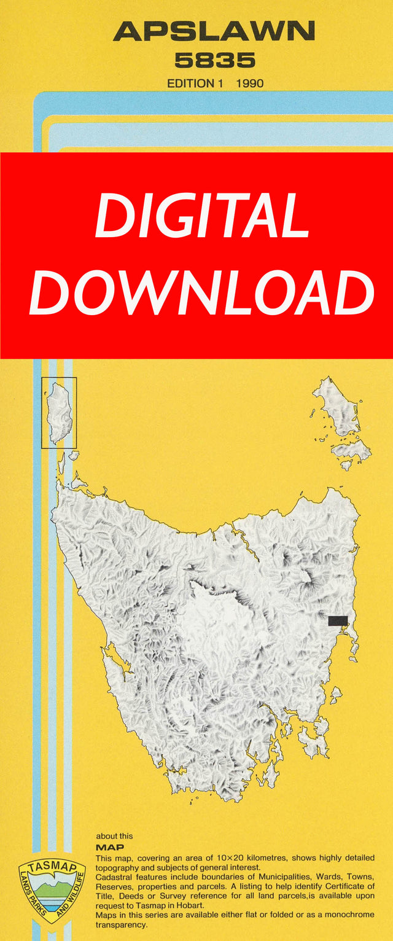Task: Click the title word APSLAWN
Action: click(214, 31)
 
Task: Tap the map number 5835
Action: click(214, 60)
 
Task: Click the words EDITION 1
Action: click(195, 83)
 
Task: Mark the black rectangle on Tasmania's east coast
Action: click(338, 620)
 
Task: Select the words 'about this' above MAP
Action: click(114, 836)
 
